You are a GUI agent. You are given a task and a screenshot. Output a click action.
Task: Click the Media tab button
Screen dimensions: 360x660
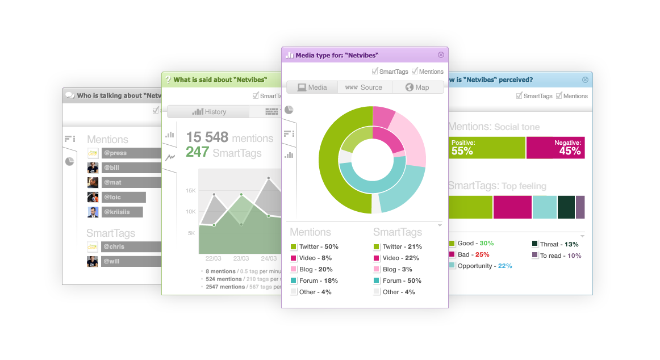click(312, 87)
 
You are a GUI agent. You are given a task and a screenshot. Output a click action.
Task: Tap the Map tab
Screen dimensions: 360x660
click(417, 87)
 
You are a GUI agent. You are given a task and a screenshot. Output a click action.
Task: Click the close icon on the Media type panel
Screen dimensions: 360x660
click(441, 55)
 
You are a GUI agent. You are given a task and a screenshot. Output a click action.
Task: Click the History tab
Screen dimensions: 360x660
click(208, 112)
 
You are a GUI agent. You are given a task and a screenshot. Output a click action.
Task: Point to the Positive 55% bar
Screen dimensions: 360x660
click(487, 148)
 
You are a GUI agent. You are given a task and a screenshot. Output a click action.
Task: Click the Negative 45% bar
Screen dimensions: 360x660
click(555, 148)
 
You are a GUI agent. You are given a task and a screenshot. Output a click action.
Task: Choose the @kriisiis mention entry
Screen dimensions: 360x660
click(122, 212)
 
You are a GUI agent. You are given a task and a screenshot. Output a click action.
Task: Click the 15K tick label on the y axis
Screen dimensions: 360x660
click(191, 191)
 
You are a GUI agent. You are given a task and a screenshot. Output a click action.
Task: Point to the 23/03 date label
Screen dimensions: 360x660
click(241, 258)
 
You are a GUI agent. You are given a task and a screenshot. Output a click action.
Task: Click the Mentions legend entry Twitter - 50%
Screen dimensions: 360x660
click(315, 246)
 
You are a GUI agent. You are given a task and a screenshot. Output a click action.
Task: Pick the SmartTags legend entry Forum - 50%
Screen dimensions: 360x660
click(401, 281)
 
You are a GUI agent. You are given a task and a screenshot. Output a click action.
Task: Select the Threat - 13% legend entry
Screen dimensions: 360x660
click(555, 244)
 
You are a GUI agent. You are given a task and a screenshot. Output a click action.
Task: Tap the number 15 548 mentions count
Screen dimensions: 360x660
click(207, 137)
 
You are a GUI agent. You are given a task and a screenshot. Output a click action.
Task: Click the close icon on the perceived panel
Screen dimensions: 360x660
click(585, 80)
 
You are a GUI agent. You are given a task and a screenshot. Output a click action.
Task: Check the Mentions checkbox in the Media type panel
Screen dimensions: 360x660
click(415, 72)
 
